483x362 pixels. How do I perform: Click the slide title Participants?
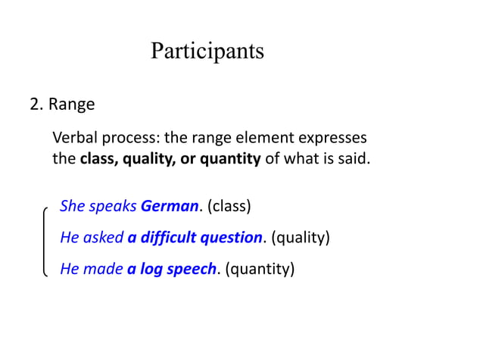207,51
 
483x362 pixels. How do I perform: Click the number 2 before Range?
34,105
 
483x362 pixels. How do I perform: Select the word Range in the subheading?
72,105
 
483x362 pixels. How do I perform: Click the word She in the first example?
73,206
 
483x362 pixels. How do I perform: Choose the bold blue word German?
170,206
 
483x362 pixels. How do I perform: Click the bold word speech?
192,270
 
